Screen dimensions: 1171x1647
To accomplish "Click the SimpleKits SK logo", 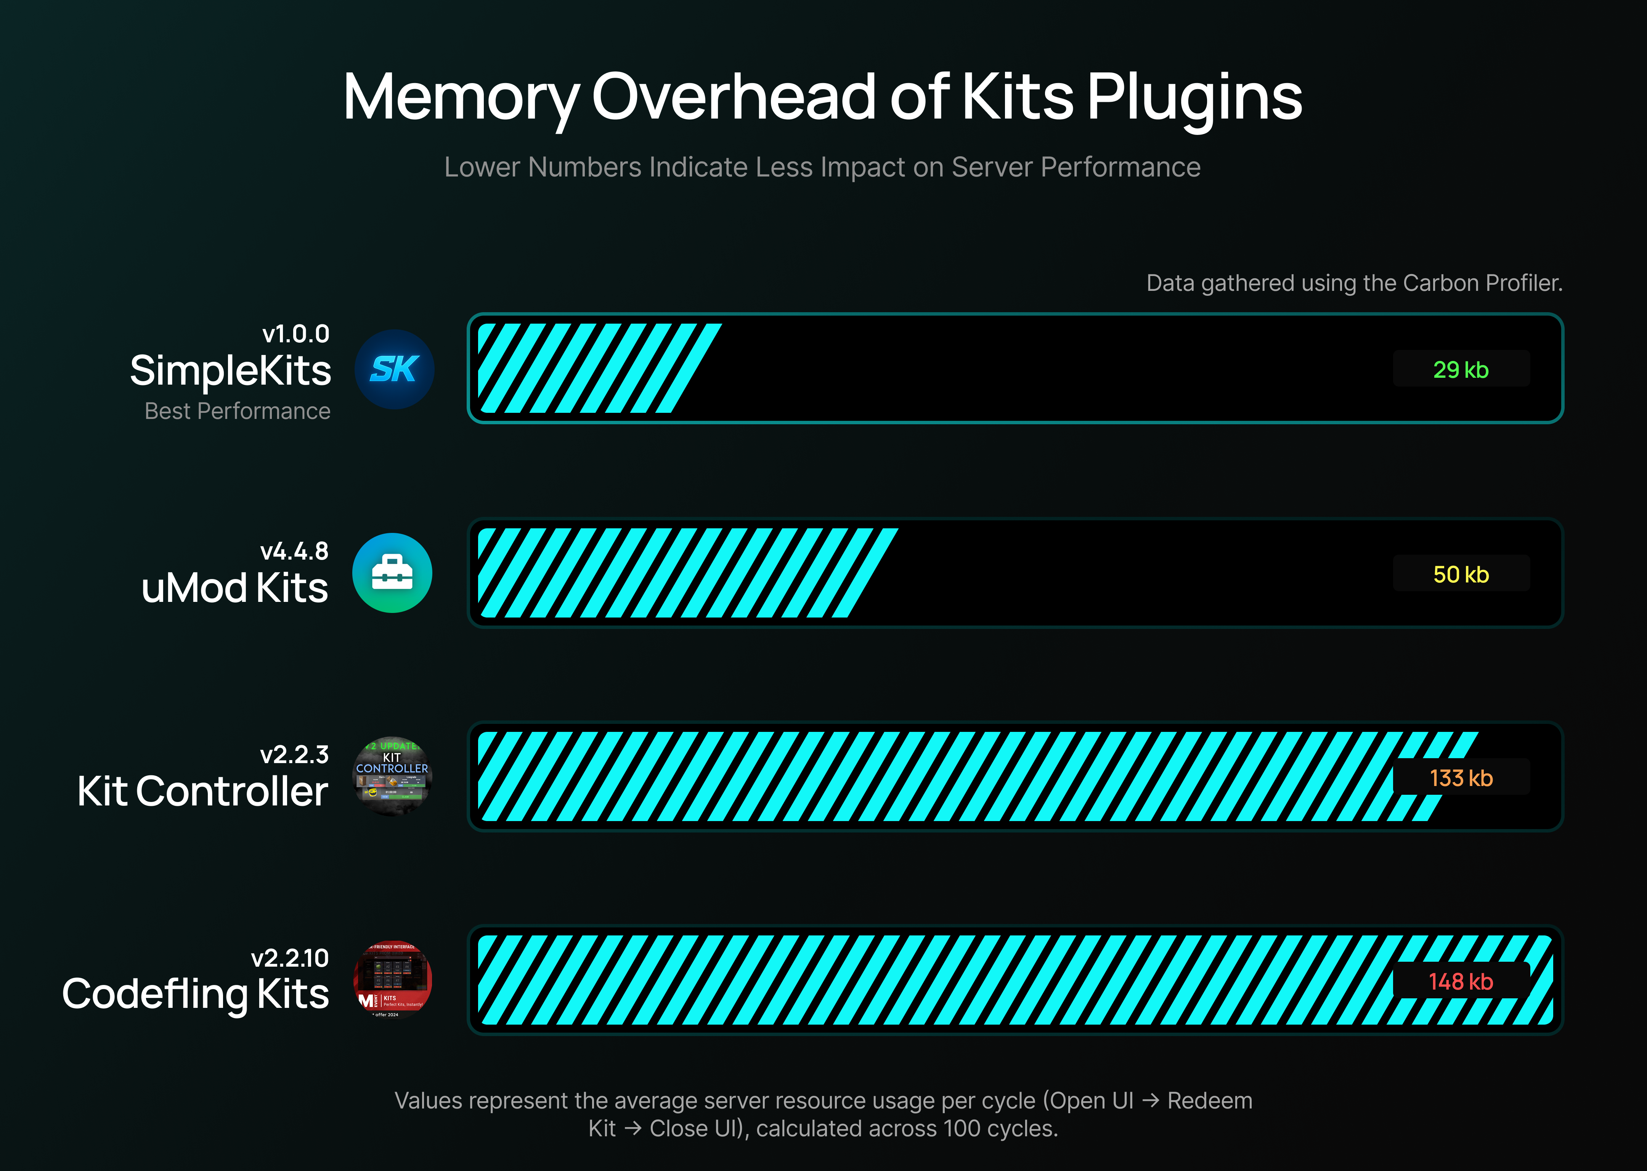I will (395, 369).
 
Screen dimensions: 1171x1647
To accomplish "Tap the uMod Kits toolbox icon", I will (392, 573).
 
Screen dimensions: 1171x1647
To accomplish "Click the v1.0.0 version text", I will (295, 334).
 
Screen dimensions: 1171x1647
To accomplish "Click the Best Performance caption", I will (237, 411).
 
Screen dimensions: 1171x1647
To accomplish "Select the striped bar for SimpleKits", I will (599, 369).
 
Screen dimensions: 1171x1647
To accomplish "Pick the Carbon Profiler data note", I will (1354, 283).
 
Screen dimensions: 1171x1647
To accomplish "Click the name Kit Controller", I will (202, 791).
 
